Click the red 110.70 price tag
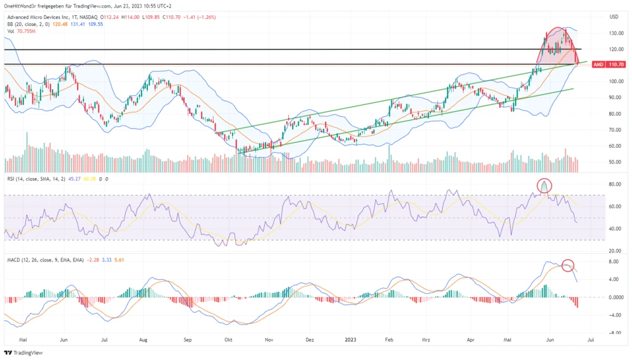[x=616, y=64]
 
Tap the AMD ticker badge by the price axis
[x=599, y=64]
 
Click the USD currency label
[x=614, y=17]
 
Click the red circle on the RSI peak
[x=545, y=186]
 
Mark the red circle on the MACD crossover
[x=568, y=266]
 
